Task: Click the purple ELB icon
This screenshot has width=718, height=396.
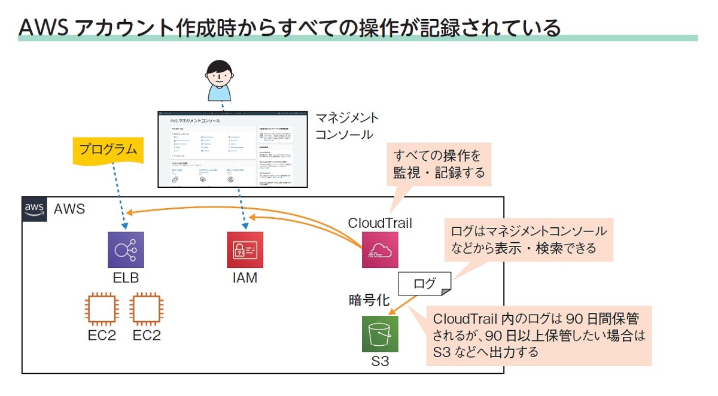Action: coord(126,249)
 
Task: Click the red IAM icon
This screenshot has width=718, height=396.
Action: coord(245,249)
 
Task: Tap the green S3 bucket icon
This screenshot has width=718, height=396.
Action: coord(380,334)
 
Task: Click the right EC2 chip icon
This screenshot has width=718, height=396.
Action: coord(147,308)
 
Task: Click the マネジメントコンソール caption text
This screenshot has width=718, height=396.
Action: coord(347,126)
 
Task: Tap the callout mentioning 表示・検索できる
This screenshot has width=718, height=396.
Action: coord(528,239)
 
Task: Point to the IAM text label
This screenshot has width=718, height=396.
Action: coord(244,278)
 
